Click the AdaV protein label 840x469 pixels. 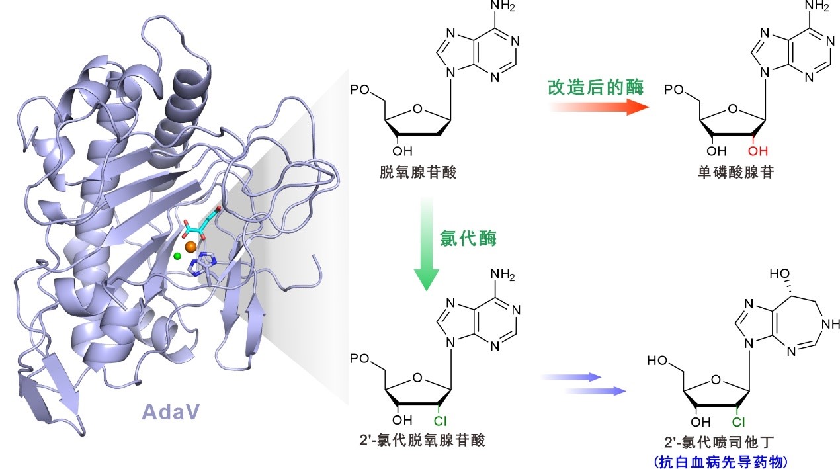click(x=171, y=412)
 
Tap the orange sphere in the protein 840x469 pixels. click(x=190, y=247)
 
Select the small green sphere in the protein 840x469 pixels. click(x=177, y=255)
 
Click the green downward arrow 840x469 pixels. click(x=425, y=244)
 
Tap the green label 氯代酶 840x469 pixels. click(x=468, y=238)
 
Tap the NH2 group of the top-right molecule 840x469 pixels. click(x=818, y=8)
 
